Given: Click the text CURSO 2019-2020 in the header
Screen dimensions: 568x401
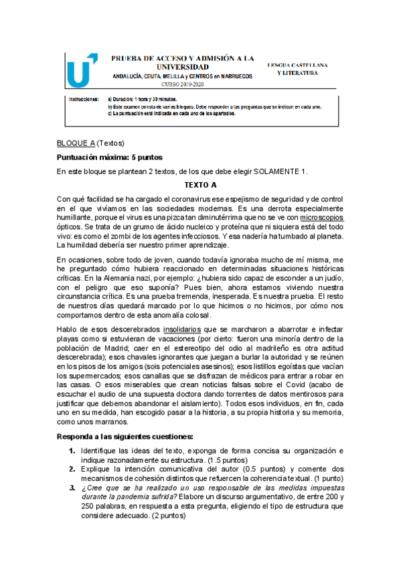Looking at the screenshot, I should coord(183,84).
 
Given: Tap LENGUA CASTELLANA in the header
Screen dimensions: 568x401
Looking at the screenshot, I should coord(297,65).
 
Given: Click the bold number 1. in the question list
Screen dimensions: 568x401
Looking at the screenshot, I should coord(72,451).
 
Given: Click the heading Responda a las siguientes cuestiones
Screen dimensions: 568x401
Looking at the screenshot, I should coord(125,436).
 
